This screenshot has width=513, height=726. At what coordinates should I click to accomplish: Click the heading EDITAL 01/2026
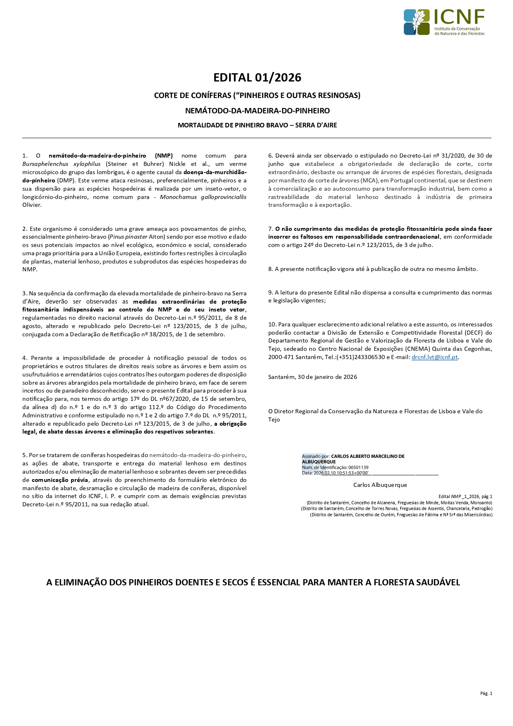point(257,77)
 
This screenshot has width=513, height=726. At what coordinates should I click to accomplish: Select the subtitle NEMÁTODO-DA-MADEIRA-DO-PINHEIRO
point(257,110)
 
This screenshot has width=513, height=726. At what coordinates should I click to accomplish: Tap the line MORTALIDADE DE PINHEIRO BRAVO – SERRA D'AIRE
point(257,125)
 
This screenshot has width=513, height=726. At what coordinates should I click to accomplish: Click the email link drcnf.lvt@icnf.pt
point(434,357)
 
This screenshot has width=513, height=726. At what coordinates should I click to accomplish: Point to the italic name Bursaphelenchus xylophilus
point(61,164)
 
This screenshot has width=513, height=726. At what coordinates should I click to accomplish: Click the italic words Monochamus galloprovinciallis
point(203,197)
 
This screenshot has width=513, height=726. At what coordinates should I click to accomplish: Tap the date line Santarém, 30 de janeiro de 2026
point(313,377)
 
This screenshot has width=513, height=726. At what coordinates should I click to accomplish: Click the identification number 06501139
point(358,467)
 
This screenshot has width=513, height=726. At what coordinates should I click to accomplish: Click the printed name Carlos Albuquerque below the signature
point(380,485)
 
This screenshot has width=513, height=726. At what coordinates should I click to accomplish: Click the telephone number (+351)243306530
point(361,357)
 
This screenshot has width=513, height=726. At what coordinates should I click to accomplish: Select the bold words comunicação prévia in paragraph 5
point(60,480)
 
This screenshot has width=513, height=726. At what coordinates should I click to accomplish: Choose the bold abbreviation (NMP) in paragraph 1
point(164,156)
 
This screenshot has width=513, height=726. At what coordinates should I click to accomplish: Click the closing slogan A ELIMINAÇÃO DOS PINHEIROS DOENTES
point(253,582)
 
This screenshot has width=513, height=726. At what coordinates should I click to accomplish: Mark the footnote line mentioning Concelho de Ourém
point(401,515)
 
